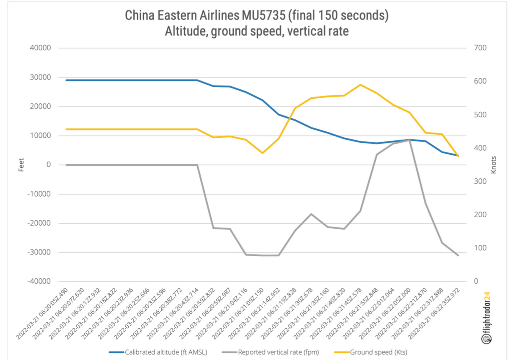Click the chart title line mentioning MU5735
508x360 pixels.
pos(257,16)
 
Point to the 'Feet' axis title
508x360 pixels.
pos(21,165)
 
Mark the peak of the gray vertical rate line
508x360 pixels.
pos(409,140)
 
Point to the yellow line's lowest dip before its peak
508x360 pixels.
pos(262,153)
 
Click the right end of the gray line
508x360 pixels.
pos(458,255)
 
